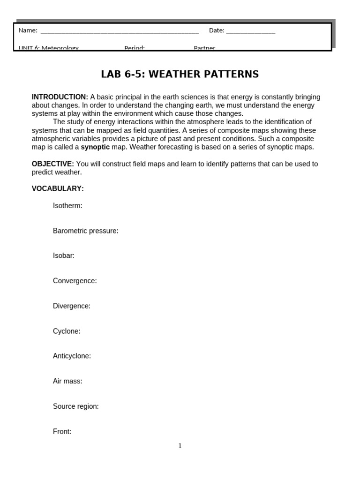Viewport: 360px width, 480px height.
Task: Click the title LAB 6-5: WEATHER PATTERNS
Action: click(180, 74)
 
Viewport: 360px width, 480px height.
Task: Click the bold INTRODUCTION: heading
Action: click(60, 97)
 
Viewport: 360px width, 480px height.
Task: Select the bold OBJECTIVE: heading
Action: click(52, 164)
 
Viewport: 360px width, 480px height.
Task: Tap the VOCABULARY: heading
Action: click(58, 188)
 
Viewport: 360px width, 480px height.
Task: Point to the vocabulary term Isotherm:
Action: click(67, 206)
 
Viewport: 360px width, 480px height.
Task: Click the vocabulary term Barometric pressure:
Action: click(85, 231)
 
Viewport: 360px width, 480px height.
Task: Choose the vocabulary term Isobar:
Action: click(64, 255)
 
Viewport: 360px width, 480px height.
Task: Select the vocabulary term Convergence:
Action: click(75, 281)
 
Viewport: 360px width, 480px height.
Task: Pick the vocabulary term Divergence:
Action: click(72, 306)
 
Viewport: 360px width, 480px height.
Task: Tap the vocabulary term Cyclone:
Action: click(67, 331)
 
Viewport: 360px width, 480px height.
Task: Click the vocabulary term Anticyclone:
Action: click(72, 356)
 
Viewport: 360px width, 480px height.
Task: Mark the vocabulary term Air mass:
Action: click(67, 381)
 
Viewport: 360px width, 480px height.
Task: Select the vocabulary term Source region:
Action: click(75, 406)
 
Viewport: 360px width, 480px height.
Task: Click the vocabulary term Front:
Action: click(62, 432)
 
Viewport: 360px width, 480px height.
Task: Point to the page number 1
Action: click(180, 446)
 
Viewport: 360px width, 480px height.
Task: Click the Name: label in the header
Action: click(28, 30)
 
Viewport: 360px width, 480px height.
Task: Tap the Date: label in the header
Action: click(217, 30)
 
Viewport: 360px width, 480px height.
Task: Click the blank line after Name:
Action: click(120, 32)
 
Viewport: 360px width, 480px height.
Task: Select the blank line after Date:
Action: click(250, 32)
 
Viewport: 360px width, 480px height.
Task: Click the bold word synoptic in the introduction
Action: click(95, 147)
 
